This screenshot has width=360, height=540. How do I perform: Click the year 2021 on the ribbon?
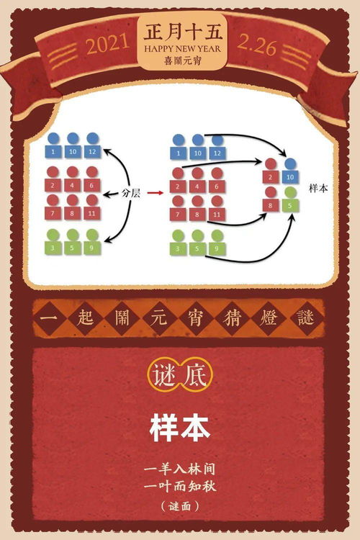click(x=108, y=44)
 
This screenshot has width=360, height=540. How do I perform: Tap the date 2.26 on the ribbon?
click(x=257, y=45)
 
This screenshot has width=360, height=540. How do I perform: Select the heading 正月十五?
click(x=183, y=32)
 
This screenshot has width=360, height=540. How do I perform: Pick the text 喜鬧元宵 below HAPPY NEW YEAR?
click(x=183, y=60)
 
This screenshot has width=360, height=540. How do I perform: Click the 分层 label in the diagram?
click(x=131, y=193)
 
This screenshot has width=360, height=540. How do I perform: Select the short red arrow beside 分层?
click(x=155, y=193)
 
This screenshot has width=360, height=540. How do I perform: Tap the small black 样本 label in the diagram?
click(x=318, y=189)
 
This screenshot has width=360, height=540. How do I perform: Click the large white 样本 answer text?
click(x=180, y=428)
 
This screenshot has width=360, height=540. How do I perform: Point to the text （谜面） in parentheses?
click(x=180, y=505)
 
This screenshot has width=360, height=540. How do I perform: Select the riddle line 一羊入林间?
click(x=180, y=469)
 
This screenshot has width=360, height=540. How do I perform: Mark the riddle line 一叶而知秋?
click(x=180, y=486)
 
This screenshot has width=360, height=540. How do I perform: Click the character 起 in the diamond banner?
click(x=85, y=318)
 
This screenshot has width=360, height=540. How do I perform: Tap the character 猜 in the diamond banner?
click(x=231, y=318)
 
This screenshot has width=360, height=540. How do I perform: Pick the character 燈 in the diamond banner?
click(x=268, y=318)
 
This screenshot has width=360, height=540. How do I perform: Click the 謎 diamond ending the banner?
click(x=305, y=318)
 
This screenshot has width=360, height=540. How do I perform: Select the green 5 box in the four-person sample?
click(x=290, y=206)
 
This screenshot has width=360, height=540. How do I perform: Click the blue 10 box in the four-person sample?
click(x=290, y=176)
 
